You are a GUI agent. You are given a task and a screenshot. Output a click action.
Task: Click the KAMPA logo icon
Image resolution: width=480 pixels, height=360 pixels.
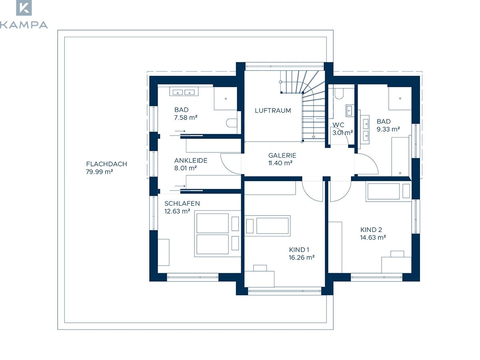24,8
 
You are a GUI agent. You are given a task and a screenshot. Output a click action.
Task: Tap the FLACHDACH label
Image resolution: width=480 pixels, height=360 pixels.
106,164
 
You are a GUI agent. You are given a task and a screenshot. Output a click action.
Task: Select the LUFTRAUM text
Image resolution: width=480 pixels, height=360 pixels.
273,111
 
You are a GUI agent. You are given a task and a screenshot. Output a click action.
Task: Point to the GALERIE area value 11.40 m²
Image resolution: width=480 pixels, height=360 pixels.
280,163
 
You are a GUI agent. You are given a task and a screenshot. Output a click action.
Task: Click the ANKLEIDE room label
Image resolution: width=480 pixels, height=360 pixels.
191,161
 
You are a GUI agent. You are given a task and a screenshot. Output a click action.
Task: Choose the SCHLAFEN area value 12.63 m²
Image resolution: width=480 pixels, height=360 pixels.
177,211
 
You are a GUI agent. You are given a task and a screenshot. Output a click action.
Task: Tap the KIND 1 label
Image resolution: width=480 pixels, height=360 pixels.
299,250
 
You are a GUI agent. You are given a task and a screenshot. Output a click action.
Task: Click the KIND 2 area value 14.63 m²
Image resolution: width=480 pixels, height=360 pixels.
373,237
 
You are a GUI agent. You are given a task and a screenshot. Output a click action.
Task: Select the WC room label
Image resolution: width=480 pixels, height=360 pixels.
338,125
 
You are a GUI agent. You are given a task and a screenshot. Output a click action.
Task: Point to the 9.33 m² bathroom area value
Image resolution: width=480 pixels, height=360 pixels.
388,129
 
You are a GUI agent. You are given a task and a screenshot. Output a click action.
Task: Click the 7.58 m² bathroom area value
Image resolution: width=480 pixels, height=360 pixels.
186,118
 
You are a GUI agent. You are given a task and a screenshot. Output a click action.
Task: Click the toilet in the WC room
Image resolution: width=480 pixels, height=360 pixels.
339,94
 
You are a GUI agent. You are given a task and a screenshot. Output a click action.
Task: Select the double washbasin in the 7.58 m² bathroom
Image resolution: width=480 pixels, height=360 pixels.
184,91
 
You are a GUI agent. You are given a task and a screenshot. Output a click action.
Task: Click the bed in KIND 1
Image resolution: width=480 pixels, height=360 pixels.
267,226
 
